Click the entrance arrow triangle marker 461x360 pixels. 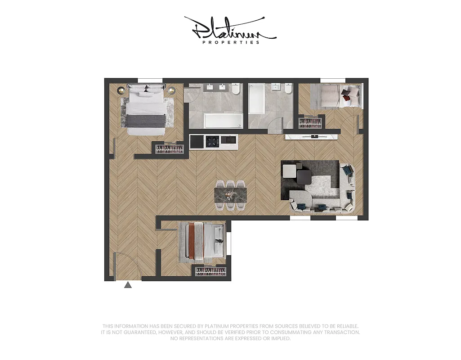coord(128,284)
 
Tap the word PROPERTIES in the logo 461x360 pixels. coord(231,42)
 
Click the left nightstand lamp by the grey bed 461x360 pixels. coord(120,90)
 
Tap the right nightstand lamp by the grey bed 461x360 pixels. coord(171,90)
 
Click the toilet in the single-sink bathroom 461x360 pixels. coord(288,89)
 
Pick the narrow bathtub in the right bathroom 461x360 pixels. coord(257,98)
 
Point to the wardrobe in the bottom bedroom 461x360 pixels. coord(210,271)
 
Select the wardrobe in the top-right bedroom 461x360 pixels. coord(309,122)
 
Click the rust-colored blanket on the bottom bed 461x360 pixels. coord(193,241)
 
